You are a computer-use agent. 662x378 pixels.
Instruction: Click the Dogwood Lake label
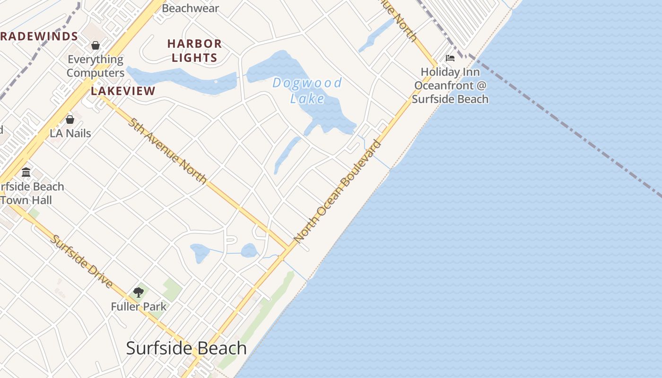coord(307,90)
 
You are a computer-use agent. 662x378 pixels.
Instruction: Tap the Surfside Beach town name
coord(186,348)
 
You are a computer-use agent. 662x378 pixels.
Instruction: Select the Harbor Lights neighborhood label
coord(194,51)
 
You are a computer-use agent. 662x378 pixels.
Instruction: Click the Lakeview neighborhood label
coord(123,91)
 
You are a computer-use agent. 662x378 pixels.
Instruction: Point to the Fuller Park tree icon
coord(139,292)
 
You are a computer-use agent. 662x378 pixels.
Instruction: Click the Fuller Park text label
coord(139,307)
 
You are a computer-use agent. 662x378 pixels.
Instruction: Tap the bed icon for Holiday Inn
coord(450,58)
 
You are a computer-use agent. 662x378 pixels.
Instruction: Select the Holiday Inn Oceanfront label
coord(450,86)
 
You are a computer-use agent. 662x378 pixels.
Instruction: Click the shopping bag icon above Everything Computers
coord(96,45)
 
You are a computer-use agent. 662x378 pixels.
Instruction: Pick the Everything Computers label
coord(96,66)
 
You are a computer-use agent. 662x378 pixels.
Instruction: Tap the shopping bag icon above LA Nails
coord(70,120)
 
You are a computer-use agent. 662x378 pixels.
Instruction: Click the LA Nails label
coord(70,133)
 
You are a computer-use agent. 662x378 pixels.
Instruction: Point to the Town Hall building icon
coord(26,172)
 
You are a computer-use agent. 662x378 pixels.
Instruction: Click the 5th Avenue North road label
coord(167,151)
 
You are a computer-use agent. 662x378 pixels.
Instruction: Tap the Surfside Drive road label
coord(82,261)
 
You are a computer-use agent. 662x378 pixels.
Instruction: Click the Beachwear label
coord(191,8)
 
